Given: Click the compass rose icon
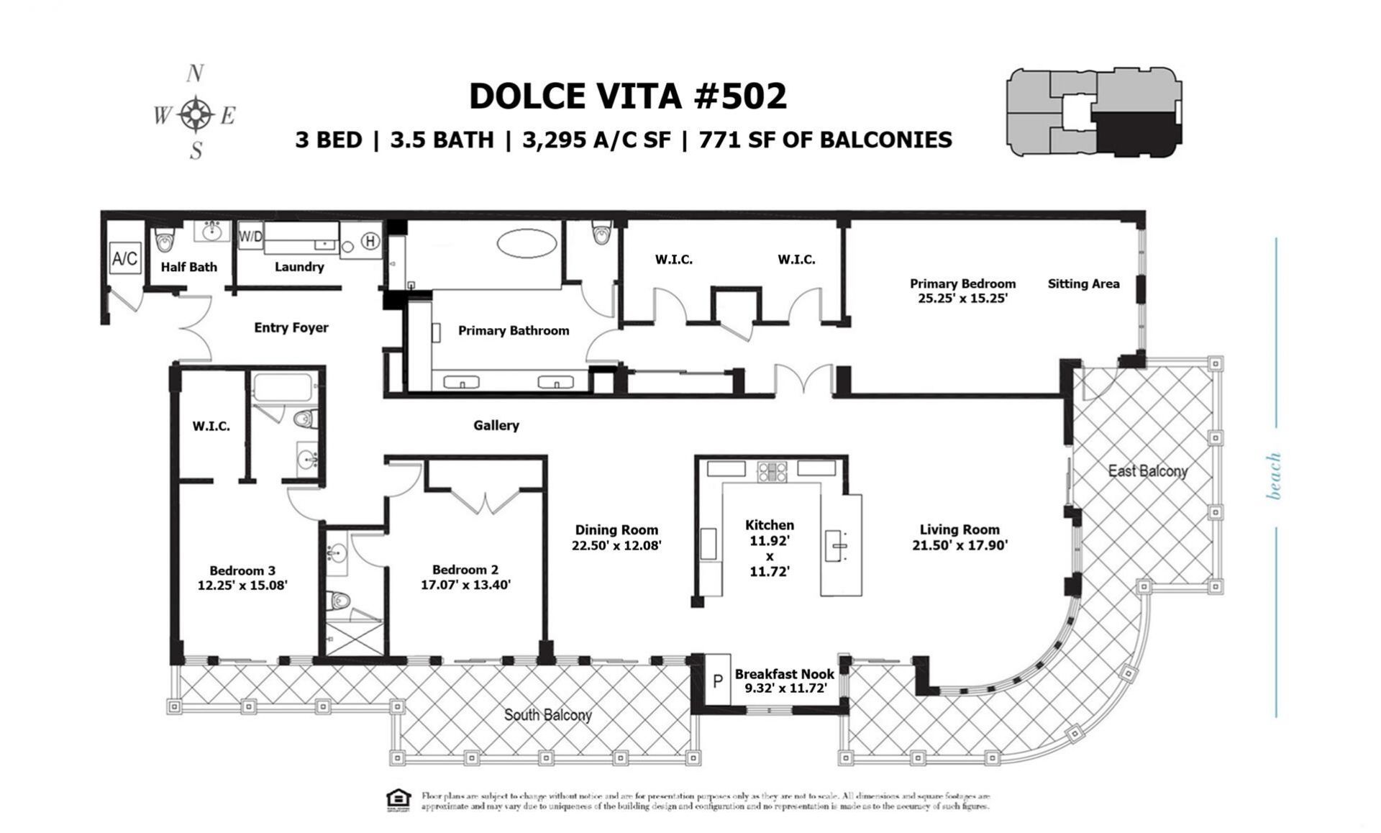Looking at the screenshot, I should [x=196, y=114].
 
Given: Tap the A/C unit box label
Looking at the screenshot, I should [x=124, y=258].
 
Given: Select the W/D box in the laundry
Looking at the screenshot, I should [x=250, y=236].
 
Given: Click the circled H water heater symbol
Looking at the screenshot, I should [x=370, y=241].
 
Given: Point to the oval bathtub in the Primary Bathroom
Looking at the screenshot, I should [x=527, y=243].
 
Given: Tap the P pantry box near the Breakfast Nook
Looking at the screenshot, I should [x=717, y=680].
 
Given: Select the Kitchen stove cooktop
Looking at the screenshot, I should [x=772, y=472].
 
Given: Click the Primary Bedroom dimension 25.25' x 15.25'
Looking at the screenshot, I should [x=962, y=298].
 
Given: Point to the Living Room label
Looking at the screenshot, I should [x=960, y=530].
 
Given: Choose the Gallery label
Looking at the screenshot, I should [x=496, y=425].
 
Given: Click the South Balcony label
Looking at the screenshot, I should [x=547, y=715].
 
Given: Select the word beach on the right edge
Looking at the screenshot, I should [x=1274, y=475].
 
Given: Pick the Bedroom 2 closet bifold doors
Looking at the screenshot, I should [x=486, y=501].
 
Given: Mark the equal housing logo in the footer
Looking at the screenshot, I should [x=398, y=800].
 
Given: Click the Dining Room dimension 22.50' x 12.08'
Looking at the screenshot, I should [x=616, y=545].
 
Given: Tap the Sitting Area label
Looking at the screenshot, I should [x=1083, y=283].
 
